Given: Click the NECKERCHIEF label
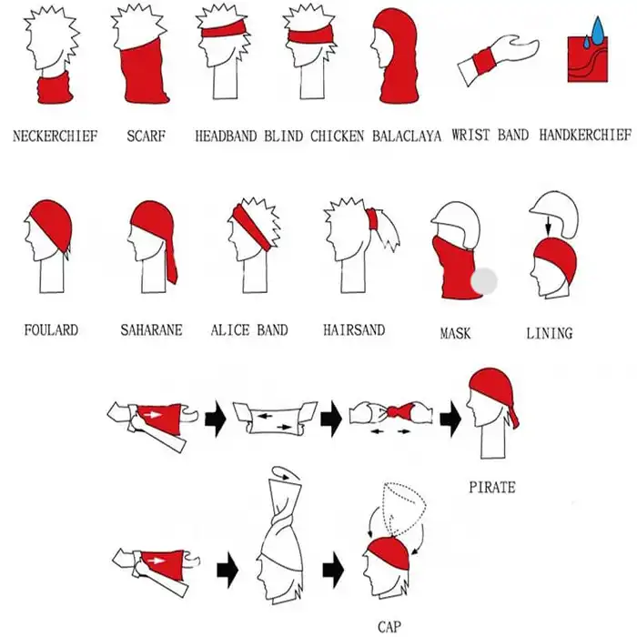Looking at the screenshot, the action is coord(56,136).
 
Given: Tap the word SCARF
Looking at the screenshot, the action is coord(147,136).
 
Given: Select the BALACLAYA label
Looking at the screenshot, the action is coord(407,136).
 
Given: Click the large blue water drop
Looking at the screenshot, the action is coord(598,30).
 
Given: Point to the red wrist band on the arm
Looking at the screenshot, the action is coord(484,61).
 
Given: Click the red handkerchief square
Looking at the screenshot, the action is coord(588,60).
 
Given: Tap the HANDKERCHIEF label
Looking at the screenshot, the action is coord(585,135).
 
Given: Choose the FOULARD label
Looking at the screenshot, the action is coord(51,329).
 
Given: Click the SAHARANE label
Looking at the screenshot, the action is coord(151,329).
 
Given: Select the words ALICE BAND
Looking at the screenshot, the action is coord(249,329).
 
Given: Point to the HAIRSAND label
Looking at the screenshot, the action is coord(354,329).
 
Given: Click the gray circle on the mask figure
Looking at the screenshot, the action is coord(484,280).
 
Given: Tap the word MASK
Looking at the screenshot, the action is coord(455,334).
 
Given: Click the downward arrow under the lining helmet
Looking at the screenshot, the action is coord(548,226).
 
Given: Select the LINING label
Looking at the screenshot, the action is coord(550,334).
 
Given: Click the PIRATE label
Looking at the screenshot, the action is coord(492,487).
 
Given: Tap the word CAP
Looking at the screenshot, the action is coord(389,627).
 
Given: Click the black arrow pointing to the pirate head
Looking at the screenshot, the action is coord(450,419).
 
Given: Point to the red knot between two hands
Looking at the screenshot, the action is coord(399,411).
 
